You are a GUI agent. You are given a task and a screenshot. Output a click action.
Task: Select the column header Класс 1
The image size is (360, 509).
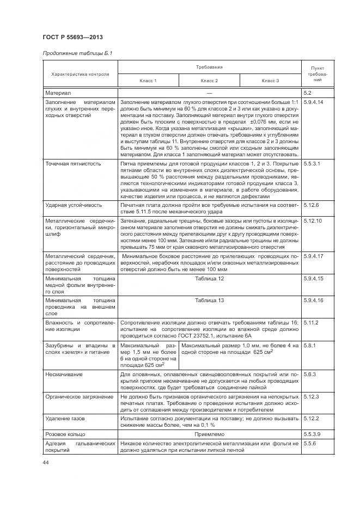pyautogui.click(x=148, y=81)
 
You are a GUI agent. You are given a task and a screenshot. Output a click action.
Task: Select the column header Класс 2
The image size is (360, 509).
pyautogui.click(x=209, y=81)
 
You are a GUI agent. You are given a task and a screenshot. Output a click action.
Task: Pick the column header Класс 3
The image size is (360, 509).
pyautogui.click(x=270, y=81)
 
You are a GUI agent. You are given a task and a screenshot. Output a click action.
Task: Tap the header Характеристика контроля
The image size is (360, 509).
pyautogui.click(x=81, y=74)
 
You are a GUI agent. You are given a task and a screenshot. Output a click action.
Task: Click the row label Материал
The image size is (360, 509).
pyautogui.click(x=58, y=94)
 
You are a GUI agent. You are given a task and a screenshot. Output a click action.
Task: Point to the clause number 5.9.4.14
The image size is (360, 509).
pyautogui.click(x=314, y=102)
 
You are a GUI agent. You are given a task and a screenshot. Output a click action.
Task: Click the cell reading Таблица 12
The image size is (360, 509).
pyautogui.click(x=210, y=279)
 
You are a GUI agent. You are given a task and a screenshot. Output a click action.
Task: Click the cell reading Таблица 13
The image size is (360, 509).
pyautogui.click(x=210, y=301)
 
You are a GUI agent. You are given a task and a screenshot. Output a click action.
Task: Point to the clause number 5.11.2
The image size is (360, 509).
pyautogui.click(x=311, y=322)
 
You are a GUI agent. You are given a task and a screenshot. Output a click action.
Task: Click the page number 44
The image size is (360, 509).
pyautogui.click(x=46, y=462)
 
